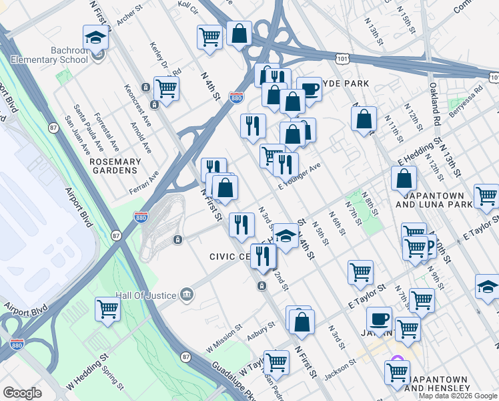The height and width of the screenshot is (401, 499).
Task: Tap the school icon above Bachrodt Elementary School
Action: click(x=96, y=38)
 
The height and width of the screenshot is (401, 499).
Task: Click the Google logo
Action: click(x=22, y=393)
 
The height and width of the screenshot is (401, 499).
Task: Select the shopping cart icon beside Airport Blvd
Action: click(x=107, y=310)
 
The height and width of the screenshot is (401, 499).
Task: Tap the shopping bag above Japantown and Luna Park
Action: click(x=404, y=178)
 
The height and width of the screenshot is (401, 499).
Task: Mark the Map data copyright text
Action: click(x=457, y=396)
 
